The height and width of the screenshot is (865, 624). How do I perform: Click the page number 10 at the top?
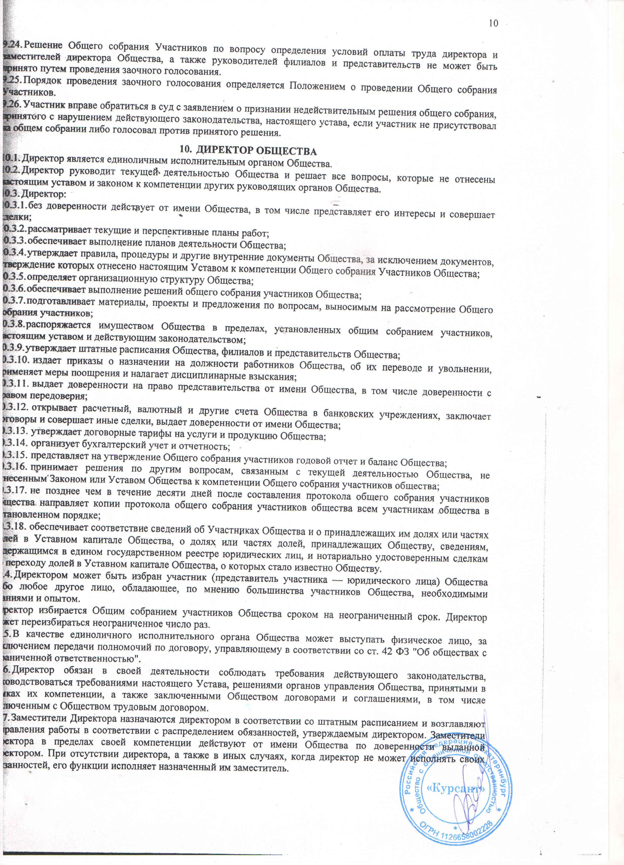pos(493,23)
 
